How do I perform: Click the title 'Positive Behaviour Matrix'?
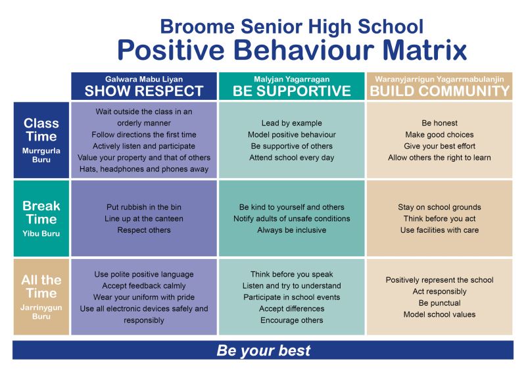(x=292, y=51)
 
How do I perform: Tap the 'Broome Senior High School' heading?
(x=292, y=26)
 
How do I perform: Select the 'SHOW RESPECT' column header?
(x=144, y=91)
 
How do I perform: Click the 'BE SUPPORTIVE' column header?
(x=292, y=91)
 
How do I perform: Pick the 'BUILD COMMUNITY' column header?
(x=440, y=91)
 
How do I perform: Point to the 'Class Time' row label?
(x=41, y=130)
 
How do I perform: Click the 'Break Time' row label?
(x=41, y=212)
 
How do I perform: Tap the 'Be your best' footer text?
(x=263, y=350)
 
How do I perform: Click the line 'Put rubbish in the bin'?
(x=144, y=206)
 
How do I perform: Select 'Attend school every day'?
(x=292, y=158)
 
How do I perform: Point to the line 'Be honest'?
(x=440, y=123)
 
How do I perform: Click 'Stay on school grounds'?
(x=440, y=207)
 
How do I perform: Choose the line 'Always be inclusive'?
(x=292, y=230)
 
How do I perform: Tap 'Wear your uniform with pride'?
(x=144, y=297)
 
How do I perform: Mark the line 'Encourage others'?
(x=292, y=320)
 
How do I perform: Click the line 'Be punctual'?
(x=440, y=303)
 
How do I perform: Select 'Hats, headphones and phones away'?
(x=144, y=169)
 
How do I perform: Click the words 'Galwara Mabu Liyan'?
(x=144, y=78)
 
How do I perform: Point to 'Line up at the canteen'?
(x=144, y=218)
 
